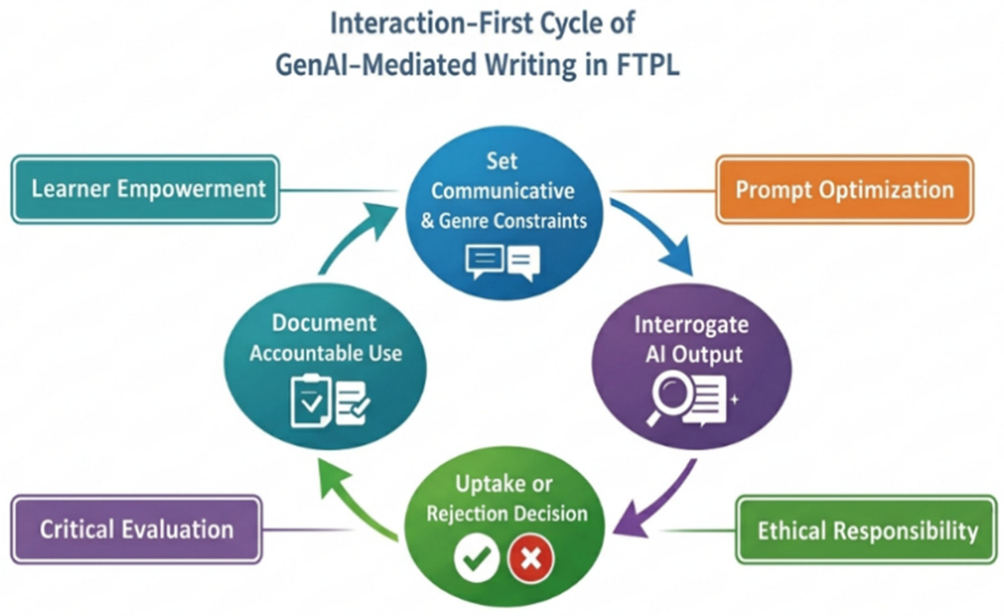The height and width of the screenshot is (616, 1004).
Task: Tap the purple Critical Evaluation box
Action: pos(136,530)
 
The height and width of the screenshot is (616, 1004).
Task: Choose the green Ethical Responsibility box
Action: pos(866,530)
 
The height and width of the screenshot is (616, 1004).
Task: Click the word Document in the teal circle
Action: pos(324,323)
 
